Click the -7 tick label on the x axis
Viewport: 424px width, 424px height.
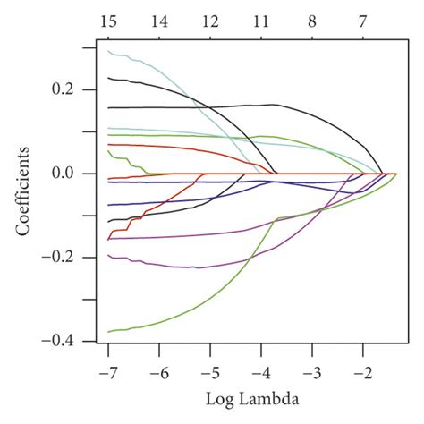coord(106,369)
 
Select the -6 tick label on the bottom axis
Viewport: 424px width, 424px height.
coord(157,369)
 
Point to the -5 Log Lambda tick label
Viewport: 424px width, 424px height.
coord(208,369)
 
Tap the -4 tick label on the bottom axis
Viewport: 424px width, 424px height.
coord(259,369)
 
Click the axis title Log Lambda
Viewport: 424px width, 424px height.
coord(235,398)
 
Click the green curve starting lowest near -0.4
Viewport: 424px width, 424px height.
coord(179,316)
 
